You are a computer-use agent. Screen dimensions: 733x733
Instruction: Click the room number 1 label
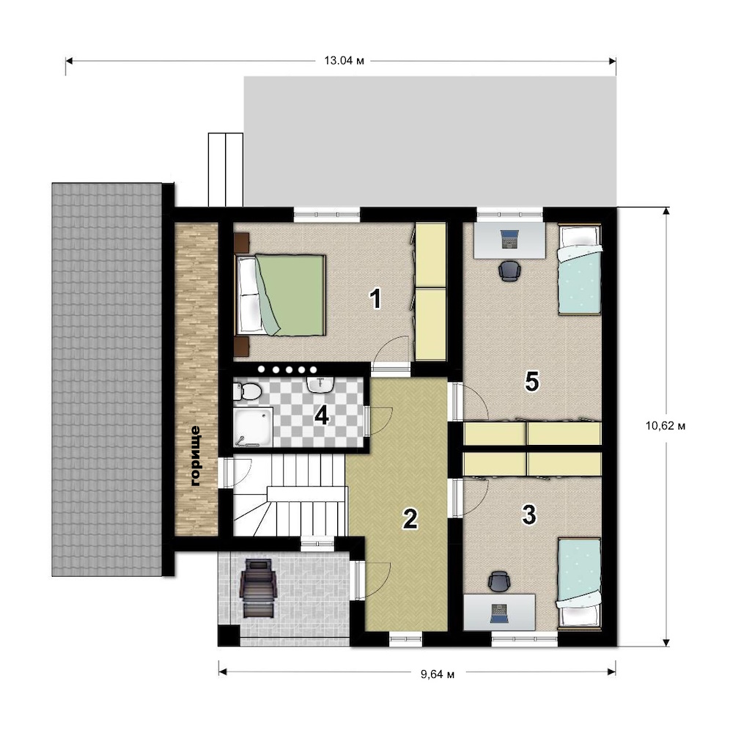[x=375, y=299]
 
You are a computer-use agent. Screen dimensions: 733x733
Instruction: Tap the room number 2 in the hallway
[x=410, y=519]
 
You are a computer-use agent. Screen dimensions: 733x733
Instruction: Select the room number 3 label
[x=528, y=515]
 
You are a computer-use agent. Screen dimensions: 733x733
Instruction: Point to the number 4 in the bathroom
[x=322, y=415]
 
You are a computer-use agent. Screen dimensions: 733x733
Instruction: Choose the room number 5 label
[x=532, y=381]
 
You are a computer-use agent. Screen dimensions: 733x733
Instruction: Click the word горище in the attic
[x=196, y=456]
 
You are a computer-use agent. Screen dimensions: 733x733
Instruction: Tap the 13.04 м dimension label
[x=344, y=61]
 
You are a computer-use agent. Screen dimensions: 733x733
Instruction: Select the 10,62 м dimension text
[x=666, y=426]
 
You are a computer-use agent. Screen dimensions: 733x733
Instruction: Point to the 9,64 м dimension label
[x=438, y=674]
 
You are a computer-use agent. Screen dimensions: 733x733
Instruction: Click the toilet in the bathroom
[x=247, y=391]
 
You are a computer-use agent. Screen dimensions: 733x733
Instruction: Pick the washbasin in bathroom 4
[x=320, y=383]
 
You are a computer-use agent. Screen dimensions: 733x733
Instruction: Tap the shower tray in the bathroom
[x=254, y=427]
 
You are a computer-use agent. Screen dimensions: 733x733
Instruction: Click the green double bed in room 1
[x=281, y=295]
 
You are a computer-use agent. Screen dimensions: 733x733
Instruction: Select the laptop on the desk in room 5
[x=509, y=239]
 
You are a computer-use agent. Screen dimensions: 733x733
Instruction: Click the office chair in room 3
[x=498, y=581]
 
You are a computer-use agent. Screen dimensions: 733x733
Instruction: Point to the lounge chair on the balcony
[x=257, y=589]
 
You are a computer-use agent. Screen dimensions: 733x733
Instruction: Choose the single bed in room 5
[x=579, y=270]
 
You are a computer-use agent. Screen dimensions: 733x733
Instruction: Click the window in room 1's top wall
[x=327, y=214]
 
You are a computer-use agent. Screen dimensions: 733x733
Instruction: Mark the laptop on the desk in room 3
[x=498, y=614]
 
